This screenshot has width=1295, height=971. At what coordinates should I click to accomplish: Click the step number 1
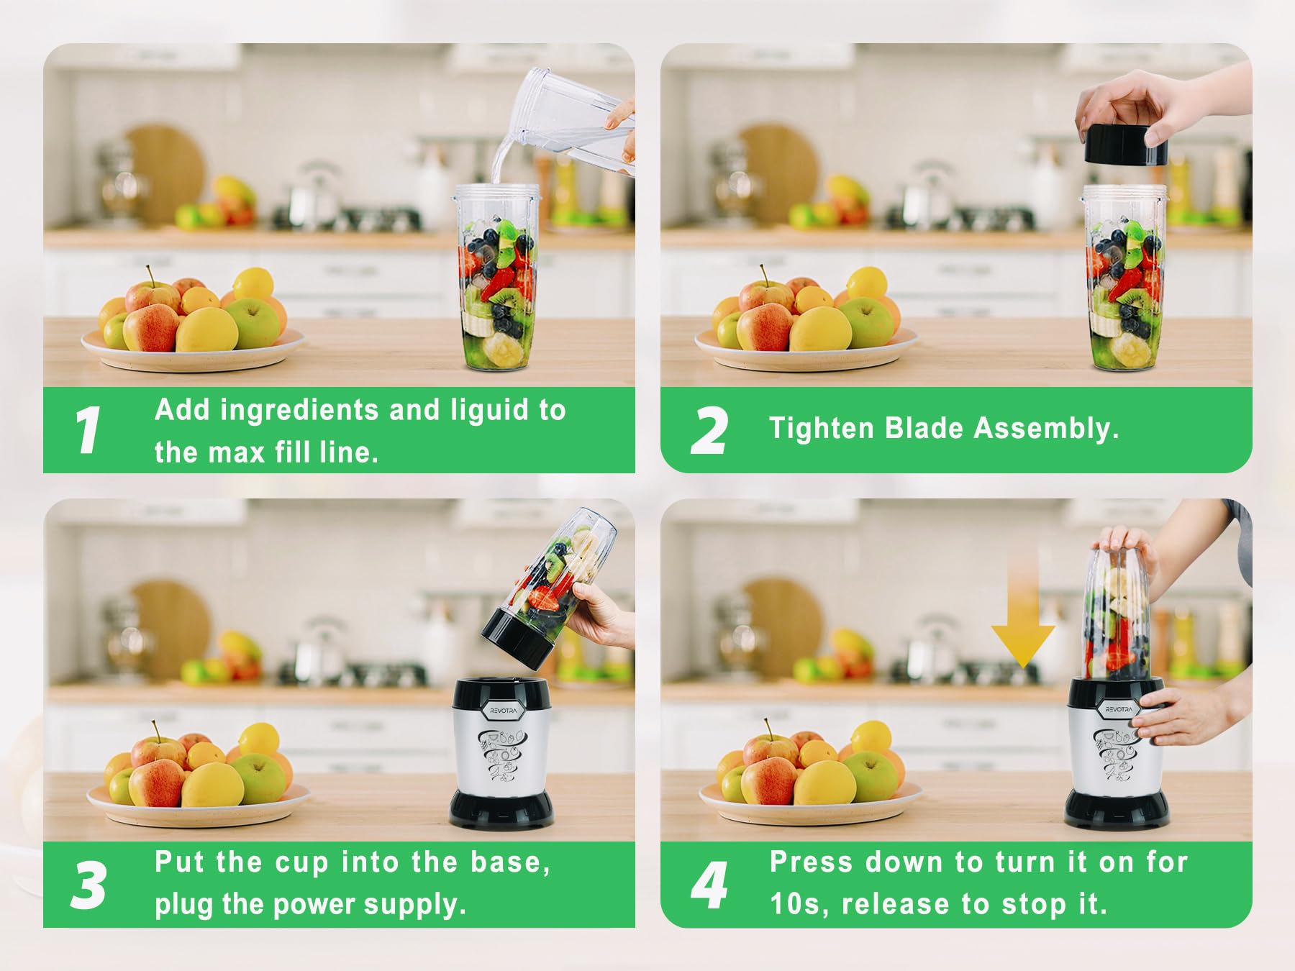pos(88,430)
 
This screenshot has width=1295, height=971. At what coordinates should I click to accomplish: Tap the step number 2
pos(709,431)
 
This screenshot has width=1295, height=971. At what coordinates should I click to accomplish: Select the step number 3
pos(89,884)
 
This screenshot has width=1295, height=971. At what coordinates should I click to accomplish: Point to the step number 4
pos(709,884)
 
